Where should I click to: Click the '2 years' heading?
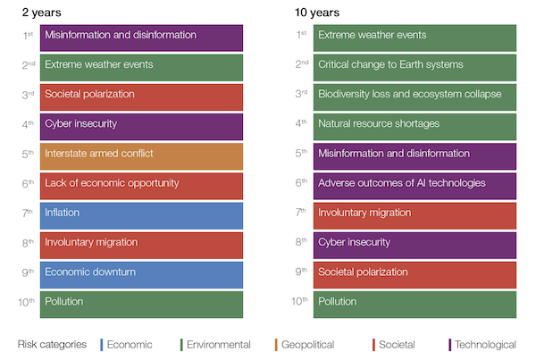click(x=41, y=13)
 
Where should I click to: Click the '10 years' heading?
click(x=317, y=13)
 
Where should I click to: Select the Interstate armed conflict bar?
click(x=141, y=156)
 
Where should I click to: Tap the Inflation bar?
click(x=141, y=215)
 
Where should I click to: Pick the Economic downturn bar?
click(x=141, y=275)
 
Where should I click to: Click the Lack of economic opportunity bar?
click(x=141, y=186)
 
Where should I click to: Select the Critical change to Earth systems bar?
click(x=415, y=67)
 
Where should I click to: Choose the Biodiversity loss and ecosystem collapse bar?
click(x=415, y=97)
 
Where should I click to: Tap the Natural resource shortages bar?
click(x=415, y=127)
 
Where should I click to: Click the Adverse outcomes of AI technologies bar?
click(x=415, y=186)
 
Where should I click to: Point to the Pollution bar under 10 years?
click(x=415, y=305)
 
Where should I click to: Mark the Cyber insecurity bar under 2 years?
click(x=141, y=127)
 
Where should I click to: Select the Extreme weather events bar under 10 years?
click(x=415, y=38)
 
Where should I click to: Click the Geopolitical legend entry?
click(x=305, y=345)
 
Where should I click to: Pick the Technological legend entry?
click(x=482, y=345)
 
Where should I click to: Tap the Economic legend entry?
click(x=126, y=345)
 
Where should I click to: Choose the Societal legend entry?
click(x=394, y=345)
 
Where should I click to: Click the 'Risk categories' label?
click(x=52, y=344)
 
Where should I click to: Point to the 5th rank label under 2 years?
click(x=28, y=154)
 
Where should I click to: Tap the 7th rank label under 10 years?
click(x=301, y=213)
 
